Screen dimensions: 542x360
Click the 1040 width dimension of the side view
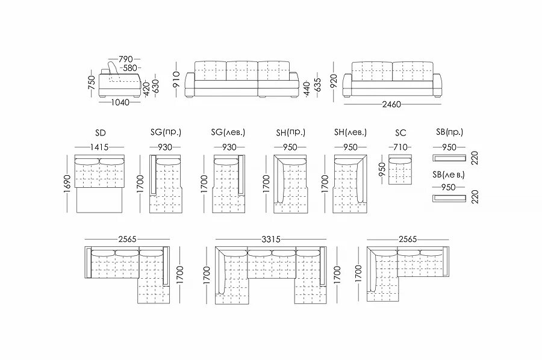[120, 102]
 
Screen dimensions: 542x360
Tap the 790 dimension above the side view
[125, 59]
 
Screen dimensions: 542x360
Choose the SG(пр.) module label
[166, 132]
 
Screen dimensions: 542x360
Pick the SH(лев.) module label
[350, 132]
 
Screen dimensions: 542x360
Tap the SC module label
[401, 132]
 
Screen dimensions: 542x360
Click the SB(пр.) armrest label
[449, 132]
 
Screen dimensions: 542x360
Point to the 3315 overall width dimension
[271, 239]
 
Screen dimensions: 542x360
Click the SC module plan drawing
[400, 170]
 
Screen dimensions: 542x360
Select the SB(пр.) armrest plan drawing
[449, 158]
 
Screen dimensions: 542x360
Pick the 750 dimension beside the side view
[92, 82]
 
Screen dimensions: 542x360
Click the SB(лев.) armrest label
[449, 175]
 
